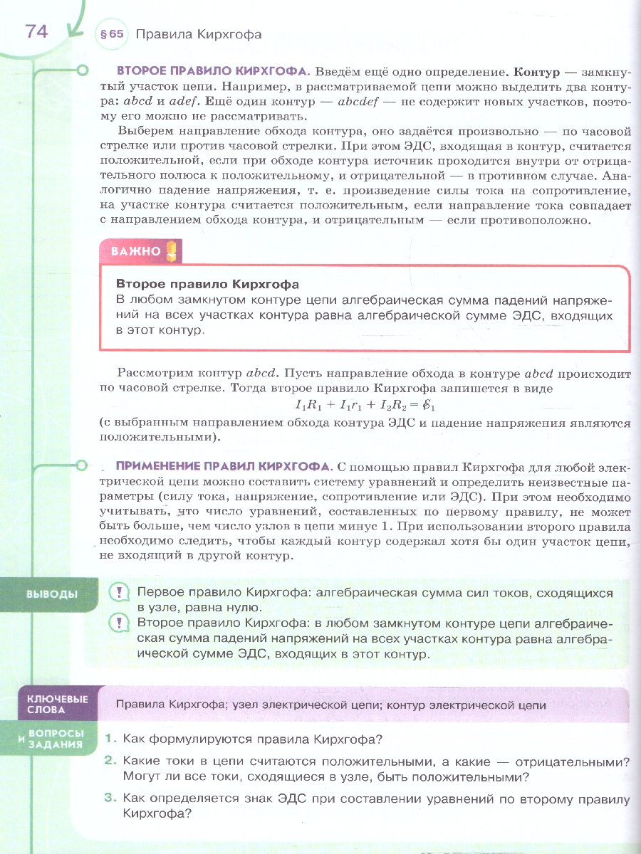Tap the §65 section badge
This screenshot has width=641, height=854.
point(113,34)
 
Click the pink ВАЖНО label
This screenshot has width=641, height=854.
point(136,251)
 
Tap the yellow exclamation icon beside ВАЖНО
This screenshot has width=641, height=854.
point(172,251)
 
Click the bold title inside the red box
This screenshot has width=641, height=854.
point(207,284)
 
